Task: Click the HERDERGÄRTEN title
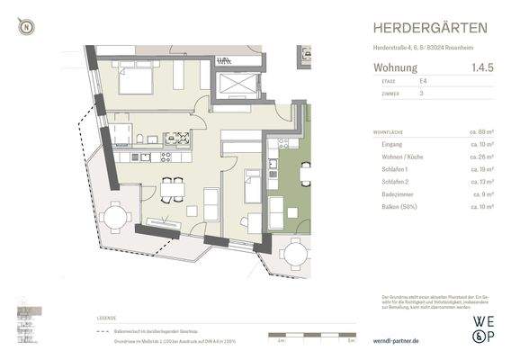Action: click(432, 28)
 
